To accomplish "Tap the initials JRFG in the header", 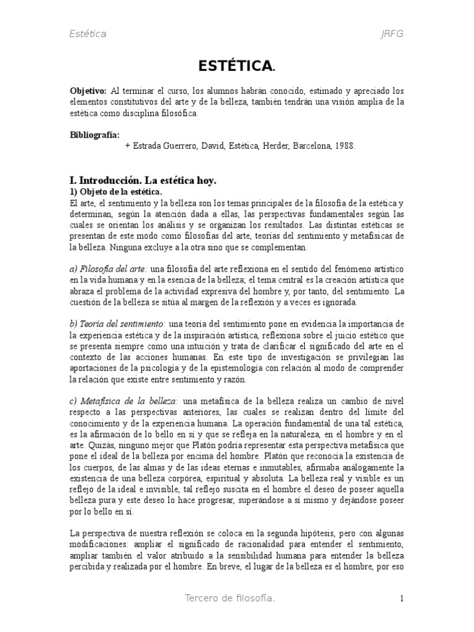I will coord(392,34).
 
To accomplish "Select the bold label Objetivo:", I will coord(88,90).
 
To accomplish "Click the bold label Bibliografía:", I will coord(95,135).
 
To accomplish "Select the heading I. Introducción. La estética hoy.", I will coord(143,181).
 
